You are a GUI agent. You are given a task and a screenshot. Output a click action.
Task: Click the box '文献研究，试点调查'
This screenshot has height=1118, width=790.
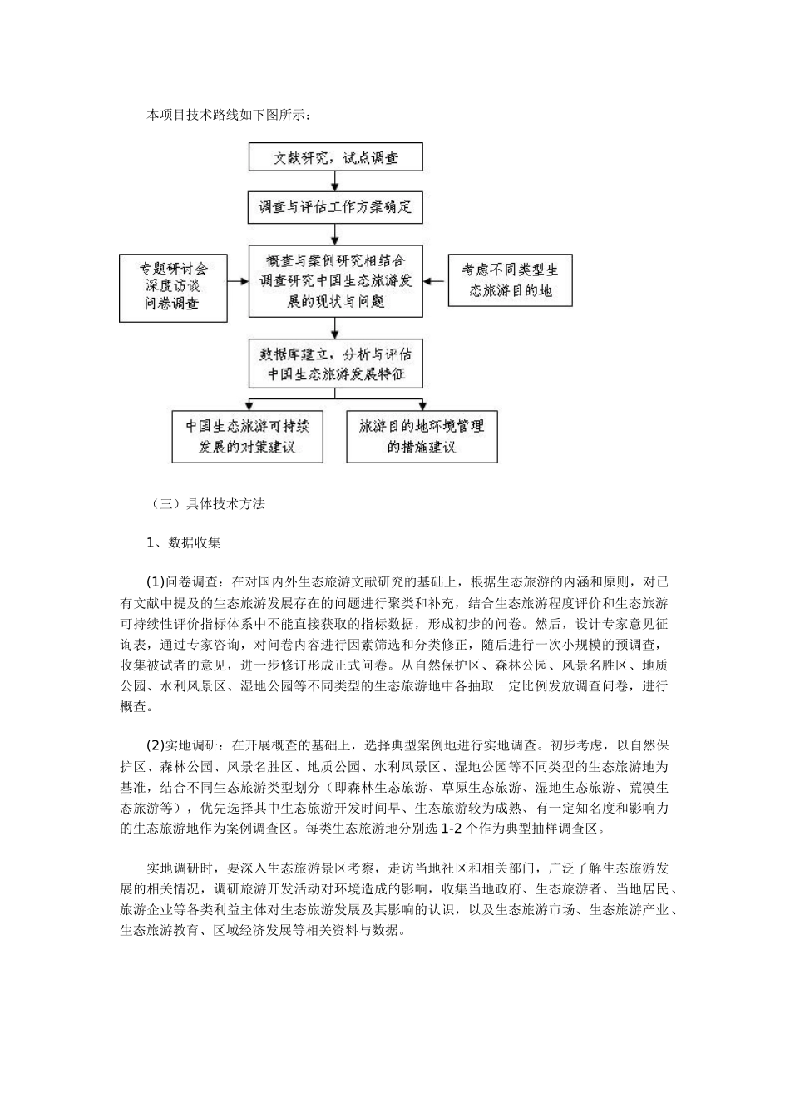335,157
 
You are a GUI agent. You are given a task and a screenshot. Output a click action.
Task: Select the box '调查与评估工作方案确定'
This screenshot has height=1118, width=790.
335,207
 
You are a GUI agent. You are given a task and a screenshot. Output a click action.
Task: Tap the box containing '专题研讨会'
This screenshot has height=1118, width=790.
173,287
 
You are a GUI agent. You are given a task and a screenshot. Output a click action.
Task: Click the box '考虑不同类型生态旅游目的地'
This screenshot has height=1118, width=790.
510,281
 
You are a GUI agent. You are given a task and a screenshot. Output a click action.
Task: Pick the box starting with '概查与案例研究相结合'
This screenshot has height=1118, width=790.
335,280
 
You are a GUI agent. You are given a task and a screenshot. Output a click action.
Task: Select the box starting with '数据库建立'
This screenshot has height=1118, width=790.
335,364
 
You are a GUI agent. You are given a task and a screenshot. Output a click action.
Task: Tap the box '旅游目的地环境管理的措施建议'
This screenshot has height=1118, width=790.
422,437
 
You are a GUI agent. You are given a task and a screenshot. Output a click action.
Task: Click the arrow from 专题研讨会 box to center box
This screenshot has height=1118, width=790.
237,281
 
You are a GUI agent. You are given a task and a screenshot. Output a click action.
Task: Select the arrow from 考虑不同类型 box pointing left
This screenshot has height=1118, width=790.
435,281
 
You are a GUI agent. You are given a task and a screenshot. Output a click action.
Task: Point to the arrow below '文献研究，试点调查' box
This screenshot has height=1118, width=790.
335,181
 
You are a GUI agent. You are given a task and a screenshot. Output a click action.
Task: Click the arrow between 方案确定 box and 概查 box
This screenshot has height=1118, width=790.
335,233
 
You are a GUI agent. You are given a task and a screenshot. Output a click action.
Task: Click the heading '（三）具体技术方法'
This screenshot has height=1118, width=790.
207,503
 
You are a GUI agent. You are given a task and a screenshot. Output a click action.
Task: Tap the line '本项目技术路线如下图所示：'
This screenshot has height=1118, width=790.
229,115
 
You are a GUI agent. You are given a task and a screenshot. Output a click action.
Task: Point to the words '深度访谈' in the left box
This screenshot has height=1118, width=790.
173,287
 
